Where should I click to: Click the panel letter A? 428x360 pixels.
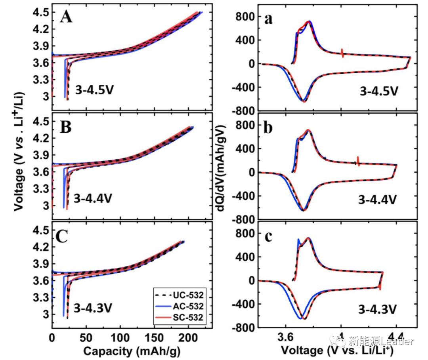(66, 17)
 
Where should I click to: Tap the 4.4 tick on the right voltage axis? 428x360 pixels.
(396, 337)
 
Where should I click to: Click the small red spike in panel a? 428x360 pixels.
(342, 53)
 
